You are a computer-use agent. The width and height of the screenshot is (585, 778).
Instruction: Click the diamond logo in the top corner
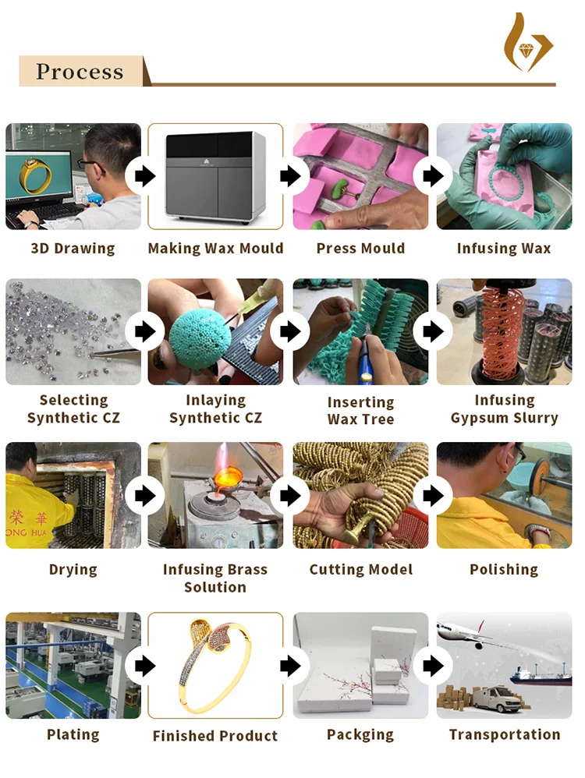(527, 44)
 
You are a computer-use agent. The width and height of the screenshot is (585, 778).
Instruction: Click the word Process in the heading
(80, 72)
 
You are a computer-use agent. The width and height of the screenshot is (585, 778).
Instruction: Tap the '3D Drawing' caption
(73, 248)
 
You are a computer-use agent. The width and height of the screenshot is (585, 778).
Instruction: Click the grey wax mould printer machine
(215, 176)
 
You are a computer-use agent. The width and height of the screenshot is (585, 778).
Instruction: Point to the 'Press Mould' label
(360, 248)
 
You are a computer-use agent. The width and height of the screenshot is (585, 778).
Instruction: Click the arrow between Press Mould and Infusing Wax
(433, 175)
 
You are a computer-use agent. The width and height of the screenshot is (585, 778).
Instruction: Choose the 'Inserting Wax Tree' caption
(360, 410)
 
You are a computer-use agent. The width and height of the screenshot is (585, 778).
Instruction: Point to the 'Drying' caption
(73, 570)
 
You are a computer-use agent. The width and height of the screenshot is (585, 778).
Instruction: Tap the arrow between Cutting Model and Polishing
(433, 495)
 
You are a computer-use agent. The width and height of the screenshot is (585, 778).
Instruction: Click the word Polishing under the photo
(504, 570)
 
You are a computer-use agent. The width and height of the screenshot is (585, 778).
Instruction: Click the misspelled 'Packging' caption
(360, 735)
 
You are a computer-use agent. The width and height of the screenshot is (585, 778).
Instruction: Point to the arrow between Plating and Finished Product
(145, 666)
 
